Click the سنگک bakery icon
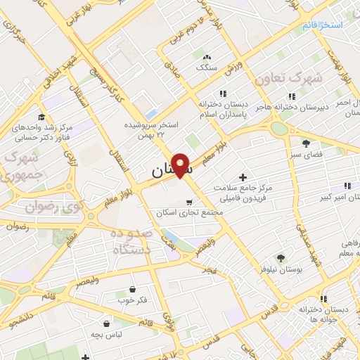(206, 57)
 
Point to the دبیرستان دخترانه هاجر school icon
(292, 96)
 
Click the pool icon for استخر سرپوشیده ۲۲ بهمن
(151, 114)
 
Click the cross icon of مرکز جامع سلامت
(243, 176)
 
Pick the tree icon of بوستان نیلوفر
(280, 258)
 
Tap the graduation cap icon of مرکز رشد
(41, 117)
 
